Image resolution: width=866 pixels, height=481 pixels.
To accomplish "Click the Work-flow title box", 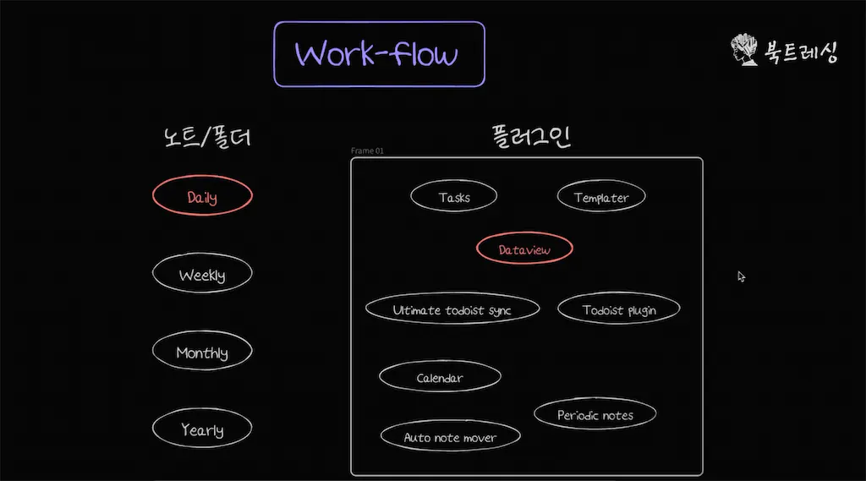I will [x=379, y=54].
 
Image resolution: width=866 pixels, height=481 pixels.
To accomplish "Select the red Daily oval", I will [x=202, y=197].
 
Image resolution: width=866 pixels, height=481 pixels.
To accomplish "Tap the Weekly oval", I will [x=202, y=275].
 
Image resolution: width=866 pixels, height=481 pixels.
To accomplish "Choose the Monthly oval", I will [x=202, y=352].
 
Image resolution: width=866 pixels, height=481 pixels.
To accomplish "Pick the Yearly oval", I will [x=202, y=429].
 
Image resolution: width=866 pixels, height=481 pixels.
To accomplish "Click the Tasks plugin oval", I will [x=454, y=197].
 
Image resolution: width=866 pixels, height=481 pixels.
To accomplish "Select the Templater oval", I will [x=601, y=197].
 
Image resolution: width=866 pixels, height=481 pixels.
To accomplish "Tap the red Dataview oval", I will [x=524, y=249].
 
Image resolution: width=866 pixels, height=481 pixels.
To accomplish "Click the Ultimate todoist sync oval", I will [x=452, y=309].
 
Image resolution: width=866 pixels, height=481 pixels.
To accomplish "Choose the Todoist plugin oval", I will [x=619, y=309].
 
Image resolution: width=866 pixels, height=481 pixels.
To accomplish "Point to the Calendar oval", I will [x=440, y=377].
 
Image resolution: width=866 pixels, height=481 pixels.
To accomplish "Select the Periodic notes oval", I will [x=595, y=414].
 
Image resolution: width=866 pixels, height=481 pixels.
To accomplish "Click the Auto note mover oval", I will [x=450, y=437].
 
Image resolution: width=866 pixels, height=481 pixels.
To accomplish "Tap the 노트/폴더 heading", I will [x=206, y=136].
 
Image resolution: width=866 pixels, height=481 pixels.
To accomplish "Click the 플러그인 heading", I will [x=531, y=136].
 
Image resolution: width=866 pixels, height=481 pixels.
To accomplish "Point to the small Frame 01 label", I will [x=367, y=151].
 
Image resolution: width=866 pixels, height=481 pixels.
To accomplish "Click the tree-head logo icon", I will [x=744, y=51].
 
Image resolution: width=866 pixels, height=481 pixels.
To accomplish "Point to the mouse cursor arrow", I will [x=742, y=276].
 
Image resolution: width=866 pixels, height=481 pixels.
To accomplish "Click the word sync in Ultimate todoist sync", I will [x=498, y=310].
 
